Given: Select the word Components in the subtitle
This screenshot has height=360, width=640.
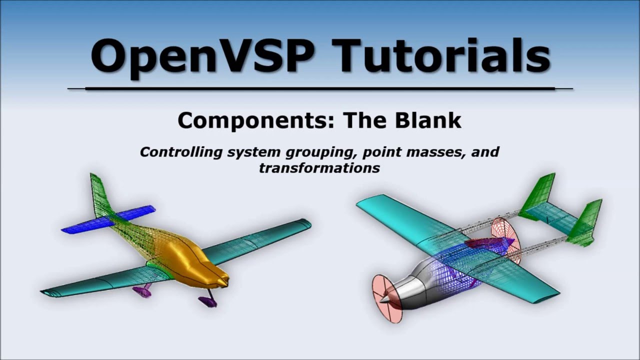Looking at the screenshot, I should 250,120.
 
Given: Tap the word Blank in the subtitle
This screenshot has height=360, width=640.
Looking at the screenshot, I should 434,120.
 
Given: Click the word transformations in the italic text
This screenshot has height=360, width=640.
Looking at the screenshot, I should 319,168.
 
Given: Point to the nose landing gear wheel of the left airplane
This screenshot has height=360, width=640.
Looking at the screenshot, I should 206,301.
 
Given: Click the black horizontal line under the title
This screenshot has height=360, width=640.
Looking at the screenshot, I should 320,88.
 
